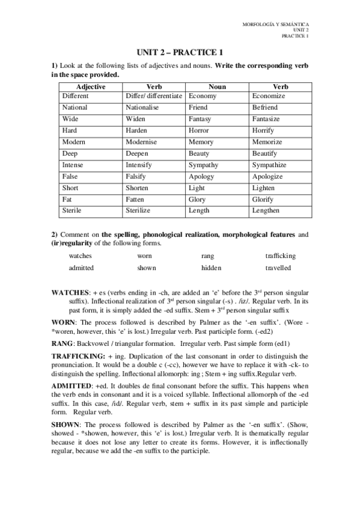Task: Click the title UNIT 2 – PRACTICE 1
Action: [180, 52]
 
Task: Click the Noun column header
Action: [217, 87]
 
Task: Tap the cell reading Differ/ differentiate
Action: [154, 96]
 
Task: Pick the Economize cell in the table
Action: [269, 96]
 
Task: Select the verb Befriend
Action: [265, 108]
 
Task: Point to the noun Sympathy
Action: [203, 165]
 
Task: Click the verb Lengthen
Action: [266, 210]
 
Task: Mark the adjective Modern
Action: [74, 142]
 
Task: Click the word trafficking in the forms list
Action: [281, 256]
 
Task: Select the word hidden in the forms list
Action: [212, 268]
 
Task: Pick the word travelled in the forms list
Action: [278, 268]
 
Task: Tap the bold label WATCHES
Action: [70, 292]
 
